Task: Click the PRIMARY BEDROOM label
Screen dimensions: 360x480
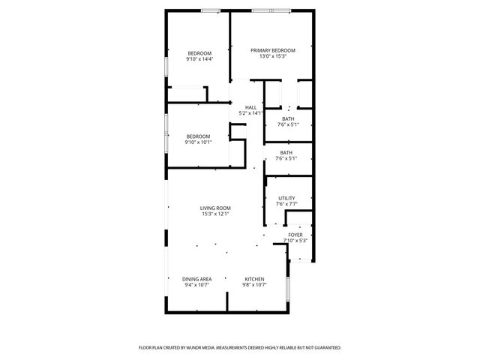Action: [272, 51]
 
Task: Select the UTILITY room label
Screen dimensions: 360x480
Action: [286, 199]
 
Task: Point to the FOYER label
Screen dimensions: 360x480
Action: [295, 235]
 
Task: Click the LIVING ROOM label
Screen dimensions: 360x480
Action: [215, 208]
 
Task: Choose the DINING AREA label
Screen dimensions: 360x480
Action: [196, 279]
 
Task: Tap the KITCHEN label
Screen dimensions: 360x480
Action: [253, 279]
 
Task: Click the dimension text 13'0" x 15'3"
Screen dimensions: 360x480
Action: [272, 57]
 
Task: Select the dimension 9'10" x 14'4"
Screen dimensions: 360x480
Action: [199, 58]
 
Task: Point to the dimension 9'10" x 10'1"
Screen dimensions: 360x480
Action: [198, 142]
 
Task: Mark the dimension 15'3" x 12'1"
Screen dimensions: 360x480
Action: [215, 214]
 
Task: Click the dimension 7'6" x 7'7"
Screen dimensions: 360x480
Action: [286, 204]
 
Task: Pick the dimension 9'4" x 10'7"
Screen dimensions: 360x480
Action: [196, 285]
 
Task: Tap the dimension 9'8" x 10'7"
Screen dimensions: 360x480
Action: [253, 285]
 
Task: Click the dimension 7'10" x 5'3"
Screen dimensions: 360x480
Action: [295, 241]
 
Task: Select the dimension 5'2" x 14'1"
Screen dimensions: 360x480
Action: [250, 113]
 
